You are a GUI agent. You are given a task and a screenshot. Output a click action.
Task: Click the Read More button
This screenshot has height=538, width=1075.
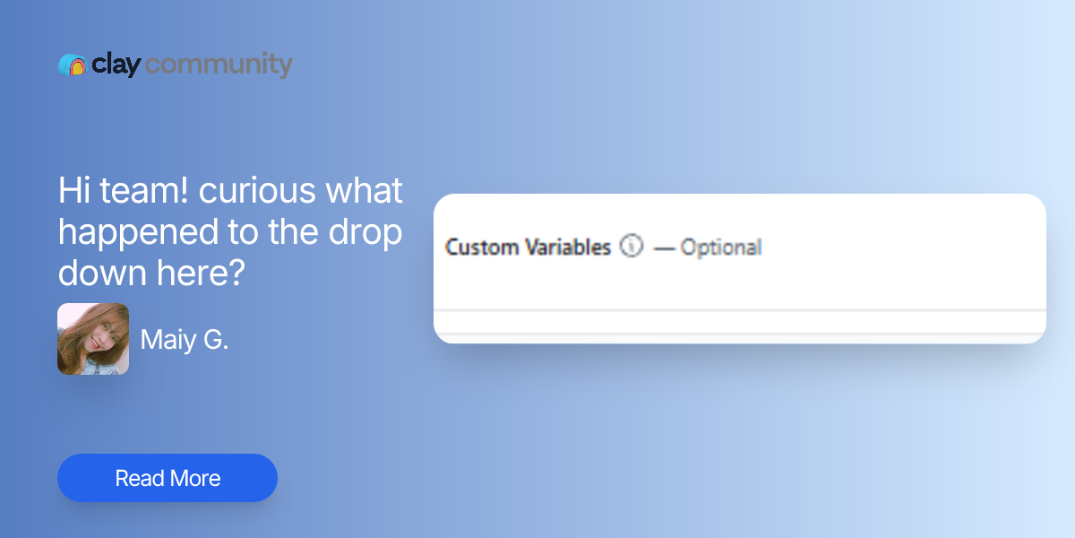coord(168,478)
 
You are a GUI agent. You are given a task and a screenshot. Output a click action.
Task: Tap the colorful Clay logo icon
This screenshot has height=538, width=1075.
coord(72,65)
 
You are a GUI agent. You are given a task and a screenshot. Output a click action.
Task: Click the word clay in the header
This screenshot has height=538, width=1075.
coord(116,65)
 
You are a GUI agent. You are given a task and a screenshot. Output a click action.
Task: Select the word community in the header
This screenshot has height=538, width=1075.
coord(219,65)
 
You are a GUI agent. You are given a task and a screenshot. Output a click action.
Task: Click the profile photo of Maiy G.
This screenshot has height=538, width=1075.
coord(93,339)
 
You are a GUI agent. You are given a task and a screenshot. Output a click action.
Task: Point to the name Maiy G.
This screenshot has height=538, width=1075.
coord(185,340)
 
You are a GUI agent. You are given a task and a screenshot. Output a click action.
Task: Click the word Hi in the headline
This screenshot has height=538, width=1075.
coord(73,191)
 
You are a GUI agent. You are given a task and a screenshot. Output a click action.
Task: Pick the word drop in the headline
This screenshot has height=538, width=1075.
coord(363,232)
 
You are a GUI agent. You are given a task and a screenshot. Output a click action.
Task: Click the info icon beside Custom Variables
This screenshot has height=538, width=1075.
coord(632,246)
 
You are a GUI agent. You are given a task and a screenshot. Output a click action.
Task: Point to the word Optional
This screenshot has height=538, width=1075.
coord(721,247)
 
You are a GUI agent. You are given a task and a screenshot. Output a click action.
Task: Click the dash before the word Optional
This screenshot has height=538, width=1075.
coord(664,248)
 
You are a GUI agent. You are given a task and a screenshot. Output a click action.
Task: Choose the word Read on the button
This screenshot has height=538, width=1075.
coord(139,478)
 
